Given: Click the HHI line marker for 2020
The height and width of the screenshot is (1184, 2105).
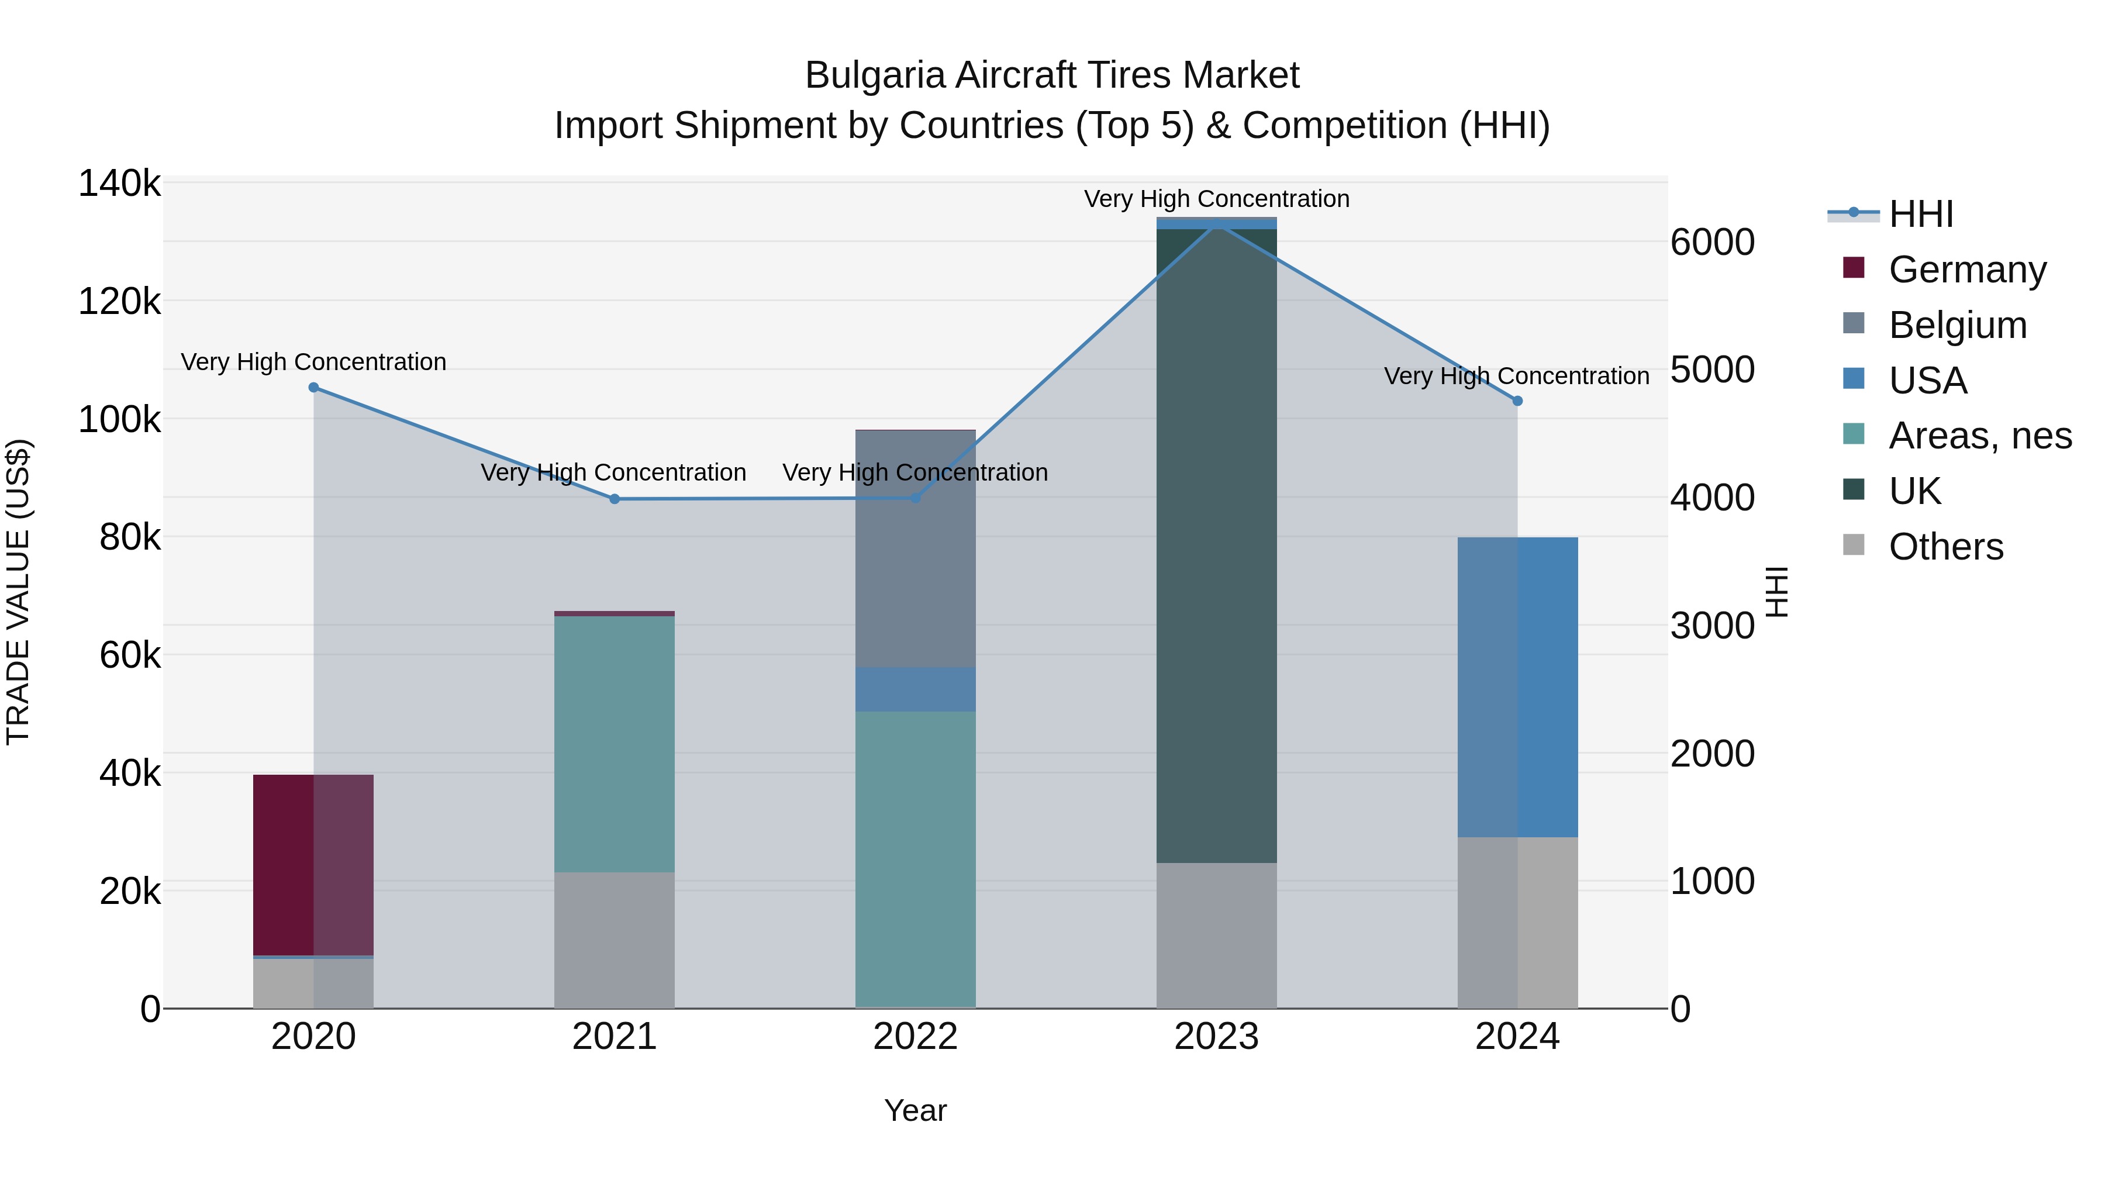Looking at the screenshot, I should click(314, 387).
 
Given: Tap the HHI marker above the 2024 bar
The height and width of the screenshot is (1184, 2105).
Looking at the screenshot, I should click(1517, 401).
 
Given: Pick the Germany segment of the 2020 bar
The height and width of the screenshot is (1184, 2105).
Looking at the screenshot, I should click(314, 865).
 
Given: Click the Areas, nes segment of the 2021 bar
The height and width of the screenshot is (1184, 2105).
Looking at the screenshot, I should click(615, 744).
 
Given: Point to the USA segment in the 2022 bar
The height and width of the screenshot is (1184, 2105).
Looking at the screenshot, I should click(915, 689).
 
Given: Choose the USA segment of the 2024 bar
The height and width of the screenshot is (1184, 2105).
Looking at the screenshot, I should click(1517, 686).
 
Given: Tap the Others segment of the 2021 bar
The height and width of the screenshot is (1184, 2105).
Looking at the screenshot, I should click(615, 940).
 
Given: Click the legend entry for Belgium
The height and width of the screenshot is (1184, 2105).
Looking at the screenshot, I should click(1957, 325).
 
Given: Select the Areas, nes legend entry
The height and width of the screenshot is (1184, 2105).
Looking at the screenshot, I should click(1979, 436).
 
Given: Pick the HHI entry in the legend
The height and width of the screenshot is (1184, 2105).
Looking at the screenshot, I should click(1920, 214).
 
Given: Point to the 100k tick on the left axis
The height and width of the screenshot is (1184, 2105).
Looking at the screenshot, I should click(119, 420).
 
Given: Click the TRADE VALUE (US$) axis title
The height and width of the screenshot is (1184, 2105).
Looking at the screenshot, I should click(18, 592).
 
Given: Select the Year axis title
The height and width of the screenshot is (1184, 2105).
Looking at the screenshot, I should click(915, 1110).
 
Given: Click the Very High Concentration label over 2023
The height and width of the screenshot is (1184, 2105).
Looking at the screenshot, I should click(1217, 199).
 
